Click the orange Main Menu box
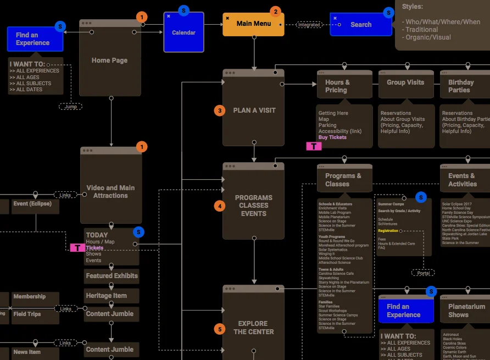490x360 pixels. tap(253, 25)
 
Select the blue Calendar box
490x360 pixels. tap(183, 32)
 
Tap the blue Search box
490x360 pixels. tap(360, 25)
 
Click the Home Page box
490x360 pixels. tap(110, 60)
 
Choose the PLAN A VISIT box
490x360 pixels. tap(254, 110)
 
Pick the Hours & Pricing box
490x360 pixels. tap(344, 86)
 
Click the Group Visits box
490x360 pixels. tap(405, 83)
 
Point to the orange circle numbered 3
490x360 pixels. tap(220, 110)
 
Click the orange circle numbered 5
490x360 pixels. tap(220, 329)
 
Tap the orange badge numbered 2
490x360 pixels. tap(275, 11)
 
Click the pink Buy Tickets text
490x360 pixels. tap(332, 137)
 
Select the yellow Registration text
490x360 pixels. tap(389, 231)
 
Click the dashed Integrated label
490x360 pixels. tap(309, 25)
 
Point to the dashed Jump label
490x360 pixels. tap(71, 107)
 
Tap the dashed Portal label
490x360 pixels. tap(423, 273)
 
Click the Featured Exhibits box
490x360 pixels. tap(112, 276)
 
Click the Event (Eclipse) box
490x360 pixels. tap(32, 204)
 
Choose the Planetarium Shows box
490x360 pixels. tap(466, 311)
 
